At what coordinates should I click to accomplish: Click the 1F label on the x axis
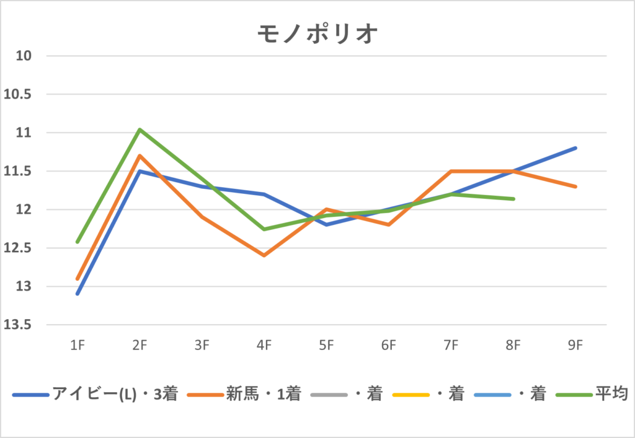(x=77, y=345)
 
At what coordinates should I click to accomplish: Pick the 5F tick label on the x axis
(x=326, y=345)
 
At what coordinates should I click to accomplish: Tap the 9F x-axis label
(x=575, y=345)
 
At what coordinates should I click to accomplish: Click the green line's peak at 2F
(x=140, y=129)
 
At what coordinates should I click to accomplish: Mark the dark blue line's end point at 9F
(x=575, y=148)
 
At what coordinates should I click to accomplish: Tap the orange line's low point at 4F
(x=264, y=255)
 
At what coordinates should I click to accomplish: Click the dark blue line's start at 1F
(x=77, y=294)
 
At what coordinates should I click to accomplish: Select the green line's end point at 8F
(x=513, y=199)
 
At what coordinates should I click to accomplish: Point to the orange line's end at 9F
(x=575, y=186)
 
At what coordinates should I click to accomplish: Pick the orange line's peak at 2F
(x=140, y=155)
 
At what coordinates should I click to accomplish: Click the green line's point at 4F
(x=264, y=229)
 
